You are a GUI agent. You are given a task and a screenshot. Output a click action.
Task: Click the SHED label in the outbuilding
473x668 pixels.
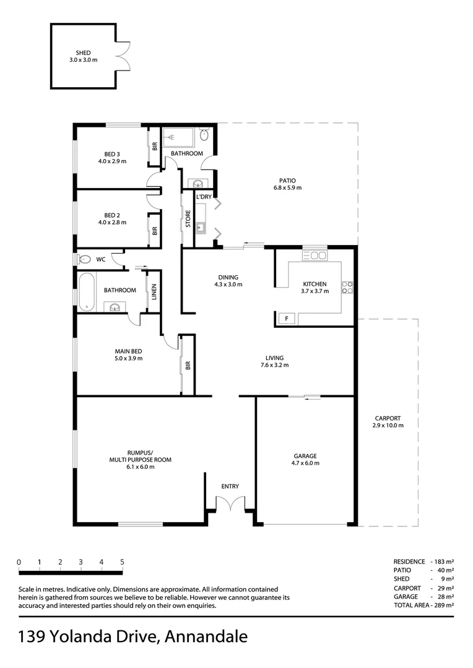(x=83, y=53)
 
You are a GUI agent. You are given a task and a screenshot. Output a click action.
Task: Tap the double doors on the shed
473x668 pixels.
(x=123, y=56)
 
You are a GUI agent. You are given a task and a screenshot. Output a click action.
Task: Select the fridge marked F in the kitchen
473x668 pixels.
(x=286, y=319)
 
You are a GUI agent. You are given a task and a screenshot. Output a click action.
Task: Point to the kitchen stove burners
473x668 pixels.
(x=348, y=287)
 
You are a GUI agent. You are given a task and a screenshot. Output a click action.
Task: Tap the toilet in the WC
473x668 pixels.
(x=85, y=259)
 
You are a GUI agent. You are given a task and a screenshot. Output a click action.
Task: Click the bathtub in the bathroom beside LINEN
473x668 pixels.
(x=87, y=291)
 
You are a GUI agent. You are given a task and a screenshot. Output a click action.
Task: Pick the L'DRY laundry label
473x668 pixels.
(x=204, y=197)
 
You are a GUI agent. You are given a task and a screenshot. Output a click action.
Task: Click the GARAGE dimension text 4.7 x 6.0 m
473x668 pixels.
(x=306, y=463)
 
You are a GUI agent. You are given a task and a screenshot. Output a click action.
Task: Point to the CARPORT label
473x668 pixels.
(x=388, y=417)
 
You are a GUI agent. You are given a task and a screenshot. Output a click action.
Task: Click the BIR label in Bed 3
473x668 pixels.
(x=154, y=147)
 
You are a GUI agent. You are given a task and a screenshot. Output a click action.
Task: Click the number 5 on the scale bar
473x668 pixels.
(x=122, y=562)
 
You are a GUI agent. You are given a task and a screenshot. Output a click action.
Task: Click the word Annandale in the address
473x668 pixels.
(x=207, y=636)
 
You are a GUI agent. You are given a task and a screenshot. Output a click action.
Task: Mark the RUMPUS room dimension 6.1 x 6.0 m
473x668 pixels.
(x=131, y=467)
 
